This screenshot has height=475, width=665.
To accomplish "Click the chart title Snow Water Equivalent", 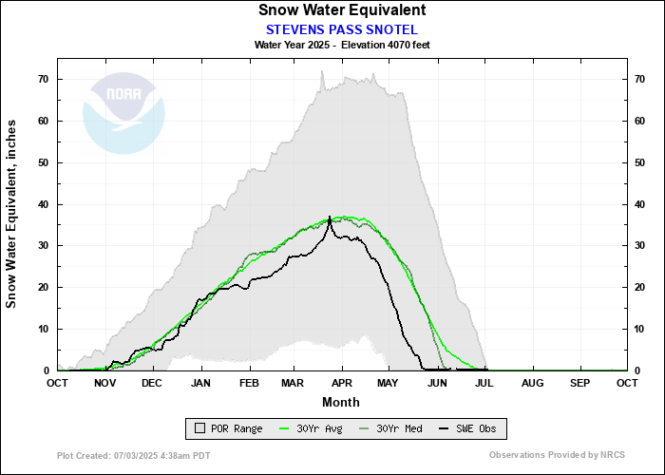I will coord(341,10).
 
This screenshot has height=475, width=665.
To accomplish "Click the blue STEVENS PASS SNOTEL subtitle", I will coord(341,28).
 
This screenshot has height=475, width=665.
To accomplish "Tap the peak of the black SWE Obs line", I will coord(330,217).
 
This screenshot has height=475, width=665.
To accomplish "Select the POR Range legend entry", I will coord(229,429).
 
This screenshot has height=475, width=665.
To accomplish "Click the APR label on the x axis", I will coord(341,383).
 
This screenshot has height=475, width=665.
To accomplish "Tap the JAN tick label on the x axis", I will coord(200,383).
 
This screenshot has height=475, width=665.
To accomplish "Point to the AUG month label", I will coord(532,383).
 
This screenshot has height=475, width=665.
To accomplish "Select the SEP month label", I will coord(579,383).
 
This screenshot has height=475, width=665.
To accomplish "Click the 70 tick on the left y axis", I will coord(44,79).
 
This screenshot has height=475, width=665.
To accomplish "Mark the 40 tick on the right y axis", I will coord(640,204).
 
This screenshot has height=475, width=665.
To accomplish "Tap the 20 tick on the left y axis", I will coord(44,287).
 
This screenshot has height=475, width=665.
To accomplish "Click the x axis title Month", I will coord(341,402).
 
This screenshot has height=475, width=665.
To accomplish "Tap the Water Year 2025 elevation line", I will coord(341,45).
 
